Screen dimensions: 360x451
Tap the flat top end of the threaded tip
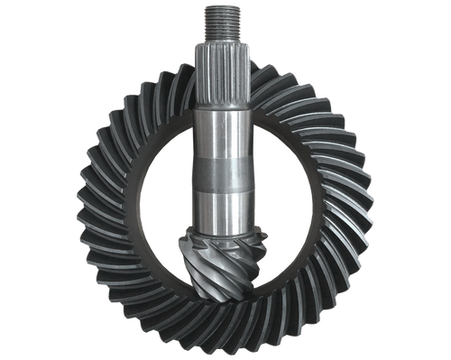(x=222, y=6)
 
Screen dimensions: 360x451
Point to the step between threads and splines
(x=222, y=41)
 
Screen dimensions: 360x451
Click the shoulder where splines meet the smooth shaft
(x=222, y=105)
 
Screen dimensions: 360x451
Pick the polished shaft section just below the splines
(x=222, y=131)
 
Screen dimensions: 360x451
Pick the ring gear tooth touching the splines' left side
(x=185, y=77)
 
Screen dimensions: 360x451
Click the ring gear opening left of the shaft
(x=162, y=198)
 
